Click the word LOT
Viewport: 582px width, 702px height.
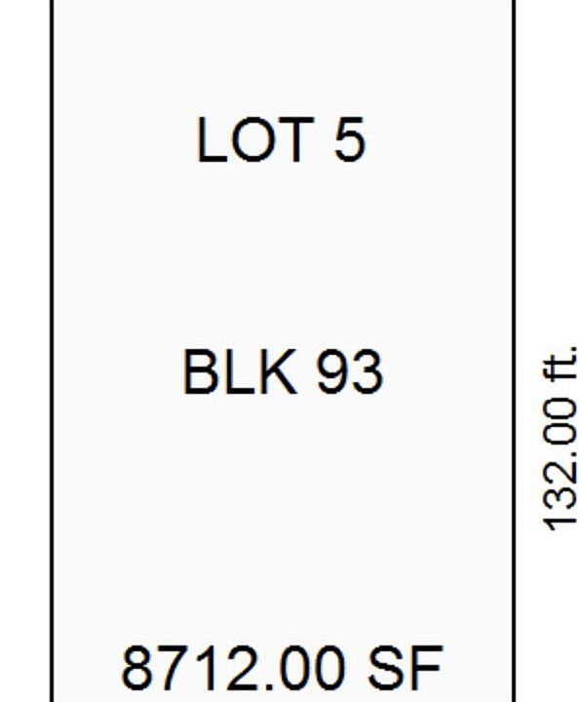click(x=255, y=139)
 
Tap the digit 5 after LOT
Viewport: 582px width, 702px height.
click(x=349, y=139)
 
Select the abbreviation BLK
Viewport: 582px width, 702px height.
click(x=240, y=372)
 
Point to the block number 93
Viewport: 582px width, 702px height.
click(x=350, y=372)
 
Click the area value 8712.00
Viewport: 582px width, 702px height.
click(x=233, y=667)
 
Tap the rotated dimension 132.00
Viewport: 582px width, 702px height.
click(x=559, y=464)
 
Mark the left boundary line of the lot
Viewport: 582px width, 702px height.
click(x=53, y=351)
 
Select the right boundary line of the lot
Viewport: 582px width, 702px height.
click(x=514, y=351)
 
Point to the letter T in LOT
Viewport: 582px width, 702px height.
click(x=295, y=139)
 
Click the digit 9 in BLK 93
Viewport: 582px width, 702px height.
click(x=332, y=372)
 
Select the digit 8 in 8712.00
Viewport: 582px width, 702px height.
click(x=137, y=667)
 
